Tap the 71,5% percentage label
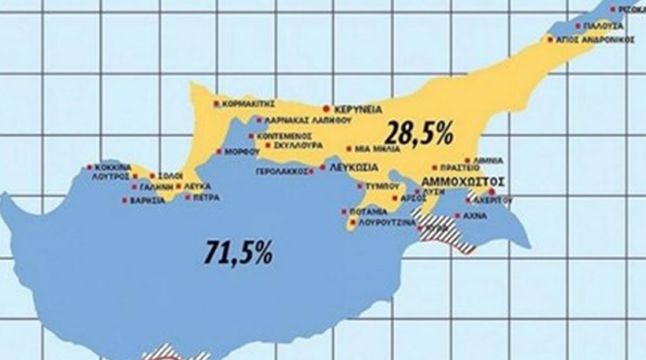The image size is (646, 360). tap(238, 251)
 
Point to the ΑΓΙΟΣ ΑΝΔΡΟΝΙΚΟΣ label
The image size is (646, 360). tap(596, 39)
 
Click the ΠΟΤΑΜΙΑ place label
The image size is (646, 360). tap(369, 212)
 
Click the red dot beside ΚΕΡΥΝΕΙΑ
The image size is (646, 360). tap(326, 109)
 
